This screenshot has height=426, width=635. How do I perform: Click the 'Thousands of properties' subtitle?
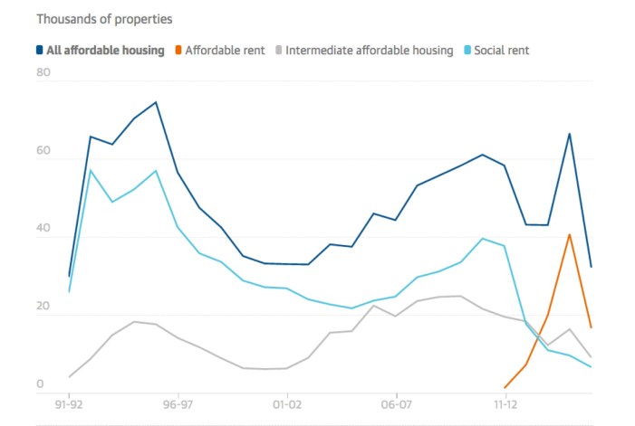(91, 18)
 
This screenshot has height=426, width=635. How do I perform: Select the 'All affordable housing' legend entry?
(100, 51)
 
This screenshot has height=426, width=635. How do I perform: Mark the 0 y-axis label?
(40, 383)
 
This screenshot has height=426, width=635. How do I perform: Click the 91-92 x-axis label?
(69, 406)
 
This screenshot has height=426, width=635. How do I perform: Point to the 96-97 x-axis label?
(178, 406)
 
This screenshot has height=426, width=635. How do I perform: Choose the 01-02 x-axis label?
(287, 406)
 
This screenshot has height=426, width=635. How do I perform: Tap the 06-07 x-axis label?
(396, 406)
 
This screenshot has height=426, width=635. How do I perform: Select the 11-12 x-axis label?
(505, 406)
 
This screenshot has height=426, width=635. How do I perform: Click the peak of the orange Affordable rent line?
(569, 234)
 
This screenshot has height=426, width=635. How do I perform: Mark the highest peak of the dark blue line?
(156, 102)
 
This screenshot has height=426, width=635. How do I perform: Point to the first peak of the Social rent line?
(91, 170)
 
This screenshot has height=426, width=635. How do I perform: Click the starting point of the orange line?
(505, 387)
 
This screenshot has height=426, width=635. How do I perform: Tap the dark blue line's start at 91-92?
(69, 276)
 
